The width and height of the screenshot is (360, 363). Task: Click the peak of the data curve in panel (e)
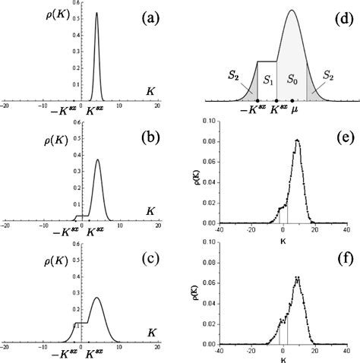(x=297, y=140)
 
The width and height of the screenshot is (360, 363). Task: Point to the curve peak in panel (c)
(x=96, y=298)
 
